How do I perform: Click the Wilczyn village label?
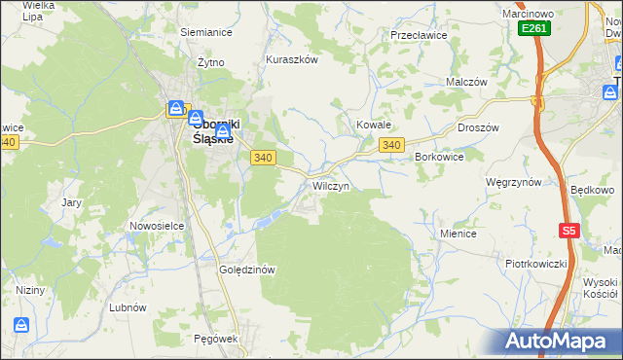(x=330, y=185)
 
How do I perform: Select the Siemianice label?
(x=205, y=31)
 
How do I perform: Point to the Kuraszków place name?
(x=292, y=58)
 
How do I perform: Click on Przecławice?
(x=418, y=34)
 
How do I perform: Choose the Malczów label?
(x=465, y=83)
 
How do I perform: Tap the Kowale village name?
(x=373, y=125)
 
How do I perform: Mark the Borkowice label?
(x=438, y=156)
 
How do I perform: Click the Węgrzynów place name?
(x=513, y=182)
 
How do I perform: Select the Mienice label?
(x=458, y=234)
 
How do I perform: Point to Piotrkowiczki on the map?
(x=535, y=264)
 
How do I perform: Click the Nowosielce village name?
(x=157, y=226)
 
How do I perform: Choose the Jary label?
(x=71, y=202)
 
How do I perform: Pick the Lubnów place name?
(x=128, y=306)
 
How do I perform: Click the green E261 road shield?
(x=534, y=29)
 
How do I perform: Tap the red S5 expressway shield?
(x=569, y=231)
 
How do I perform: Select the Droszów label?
(x=478, y=127)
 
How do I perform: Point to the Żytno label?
(x=211, y=61)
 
